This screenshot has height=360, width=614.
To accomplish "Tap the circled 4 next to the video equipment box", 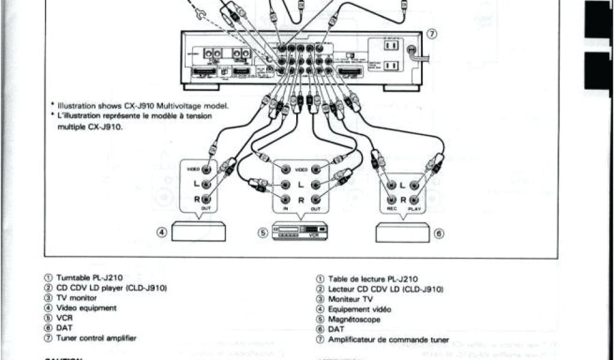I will pos(162,233).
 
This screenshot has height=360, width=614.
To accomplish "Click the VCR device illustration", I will pos(300,232).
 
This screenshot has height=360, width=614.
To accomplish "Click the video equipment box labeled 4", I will pos(198,232).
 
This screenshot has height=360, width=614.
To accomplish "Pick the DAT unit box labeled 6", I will pos(402,232).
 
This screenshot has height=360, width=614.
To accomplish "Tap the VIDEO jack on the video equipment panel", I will pos(207,170).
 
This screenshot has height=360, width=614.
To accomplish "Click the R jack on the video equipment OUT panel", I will pos(207,199).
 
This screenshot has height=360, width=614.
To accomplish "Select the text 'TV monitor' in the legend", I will pos(76,298).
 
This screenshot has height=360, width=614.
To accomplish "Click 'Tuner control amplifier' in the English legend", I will pos(96,338).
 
